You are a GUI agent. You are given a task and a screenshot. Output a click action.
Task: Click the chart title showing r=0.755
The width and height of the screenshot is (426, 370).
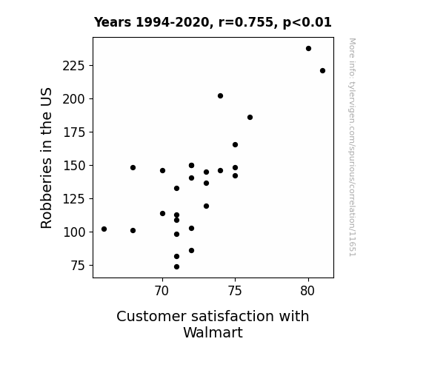(213, 22)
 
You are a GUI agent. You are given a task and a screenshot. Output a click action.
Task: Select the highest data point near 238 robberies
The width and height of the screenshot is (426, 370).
(308, 49)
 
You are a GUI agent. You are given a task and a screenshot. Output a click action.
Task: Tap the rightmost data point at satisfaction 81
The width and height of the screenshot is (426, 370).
(322, 71)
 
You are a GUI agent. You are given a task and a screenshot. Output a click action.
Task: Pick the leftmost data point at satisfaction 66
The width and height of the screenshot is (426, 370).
(104, 229)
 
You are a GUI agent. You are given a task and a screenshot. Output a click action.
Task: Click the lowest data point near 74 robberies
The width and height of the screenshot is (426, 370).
(176, 267)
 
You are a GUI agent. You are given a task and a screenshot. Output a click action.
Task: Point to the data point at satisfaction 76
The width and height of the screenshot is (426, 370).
(250, 117)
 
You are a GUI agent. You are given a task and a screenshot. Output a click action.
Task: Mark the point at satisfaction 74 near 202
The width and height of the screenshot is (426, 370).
(220, 95)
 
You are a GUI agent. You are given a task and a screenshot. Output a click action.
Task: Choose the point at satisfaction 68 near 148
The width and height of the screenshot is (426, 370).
(133, 168)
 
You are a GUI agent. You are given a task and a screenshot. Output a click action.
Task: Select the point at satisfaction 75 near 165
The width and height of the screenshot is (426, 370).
(236, 145)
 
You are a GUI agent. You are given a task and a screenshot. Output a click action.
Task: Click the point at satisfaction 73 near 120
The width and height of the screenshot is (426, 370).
(206, 206)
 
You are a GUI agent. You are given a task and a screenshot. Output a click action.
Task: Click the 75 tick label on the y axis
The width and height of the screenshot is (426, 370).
(78, 266)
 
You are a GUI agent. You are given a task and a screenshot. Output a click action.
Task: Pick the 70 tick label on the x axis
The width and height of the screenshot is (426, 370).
(162, 291)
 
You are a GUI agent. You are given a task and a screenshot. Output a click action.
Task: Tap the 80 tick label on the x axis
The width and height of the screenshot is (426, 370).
(307, 291)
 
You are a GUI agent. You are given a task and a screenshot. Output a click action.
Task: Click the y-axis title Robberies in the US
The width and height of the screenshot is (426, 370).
(46, 158)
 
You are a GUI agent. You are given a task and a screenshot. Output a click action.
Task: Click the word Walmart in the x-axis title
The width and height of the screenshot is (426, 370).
(213, 332)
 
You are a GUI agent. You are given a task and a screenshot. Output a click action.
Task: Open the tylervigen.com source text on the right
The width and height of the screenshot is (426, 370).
(353, 147)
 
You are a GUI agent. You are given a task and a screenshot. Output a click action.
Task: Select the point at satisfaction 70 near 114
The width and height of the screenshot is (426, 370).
(162, 214)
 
